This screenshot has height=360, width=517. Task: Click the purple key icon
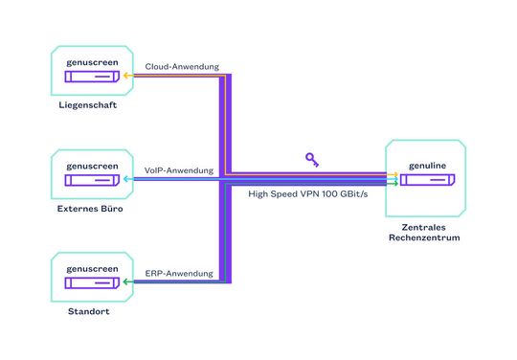point(312,159)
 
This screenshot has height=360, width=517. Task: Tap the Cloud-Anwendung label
point(182,67)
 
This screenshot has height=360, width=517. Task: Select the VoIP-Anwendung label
point(179,170)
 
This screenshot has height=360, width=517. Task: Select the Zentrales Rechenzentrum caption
point(425,231)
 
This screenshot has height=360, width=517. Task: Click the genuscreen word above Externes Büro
point(92,165)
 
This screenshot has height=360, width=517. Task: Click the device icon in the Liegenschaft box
point(92,78)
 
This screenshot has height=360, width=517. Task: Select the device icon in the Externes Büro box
point(92,181)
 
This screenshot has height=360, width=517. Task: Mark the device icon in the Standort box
point(92,284)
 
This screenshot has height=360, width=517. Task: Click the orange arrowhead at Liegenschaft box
point(127,75)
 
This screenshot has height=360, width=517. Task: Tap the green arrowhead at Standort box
point(127,282)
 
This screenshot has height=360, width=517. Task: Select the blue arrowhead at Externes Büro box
point(127,179)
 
